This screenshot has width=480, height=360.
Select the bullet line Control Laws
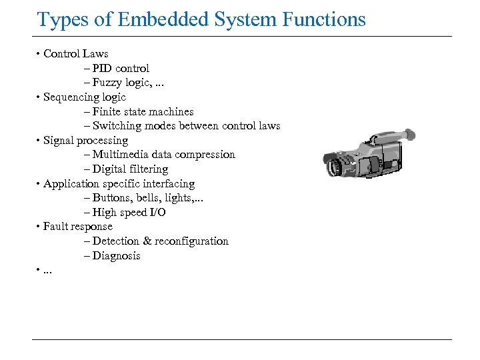click(75, 54)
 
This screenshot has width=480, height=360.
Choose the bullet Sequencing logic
click(84, 97)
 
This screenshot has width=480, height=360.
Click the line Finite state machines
click(143, 111)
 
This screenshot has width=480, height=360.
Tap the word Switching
click(117, 126)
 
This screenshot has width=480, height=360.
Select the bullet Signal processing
click(85, 141)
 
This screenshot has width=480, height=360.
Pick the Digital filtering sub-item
click(130, 169)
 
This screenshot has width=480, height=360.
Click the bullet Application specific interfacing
click(119, 184)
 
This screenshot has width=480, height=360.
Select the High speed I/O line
click(129, 213)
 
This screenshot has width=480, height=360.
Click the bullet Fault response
click(77, 227)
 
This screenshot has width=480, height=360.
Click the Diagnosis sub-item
click(116, 256)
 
